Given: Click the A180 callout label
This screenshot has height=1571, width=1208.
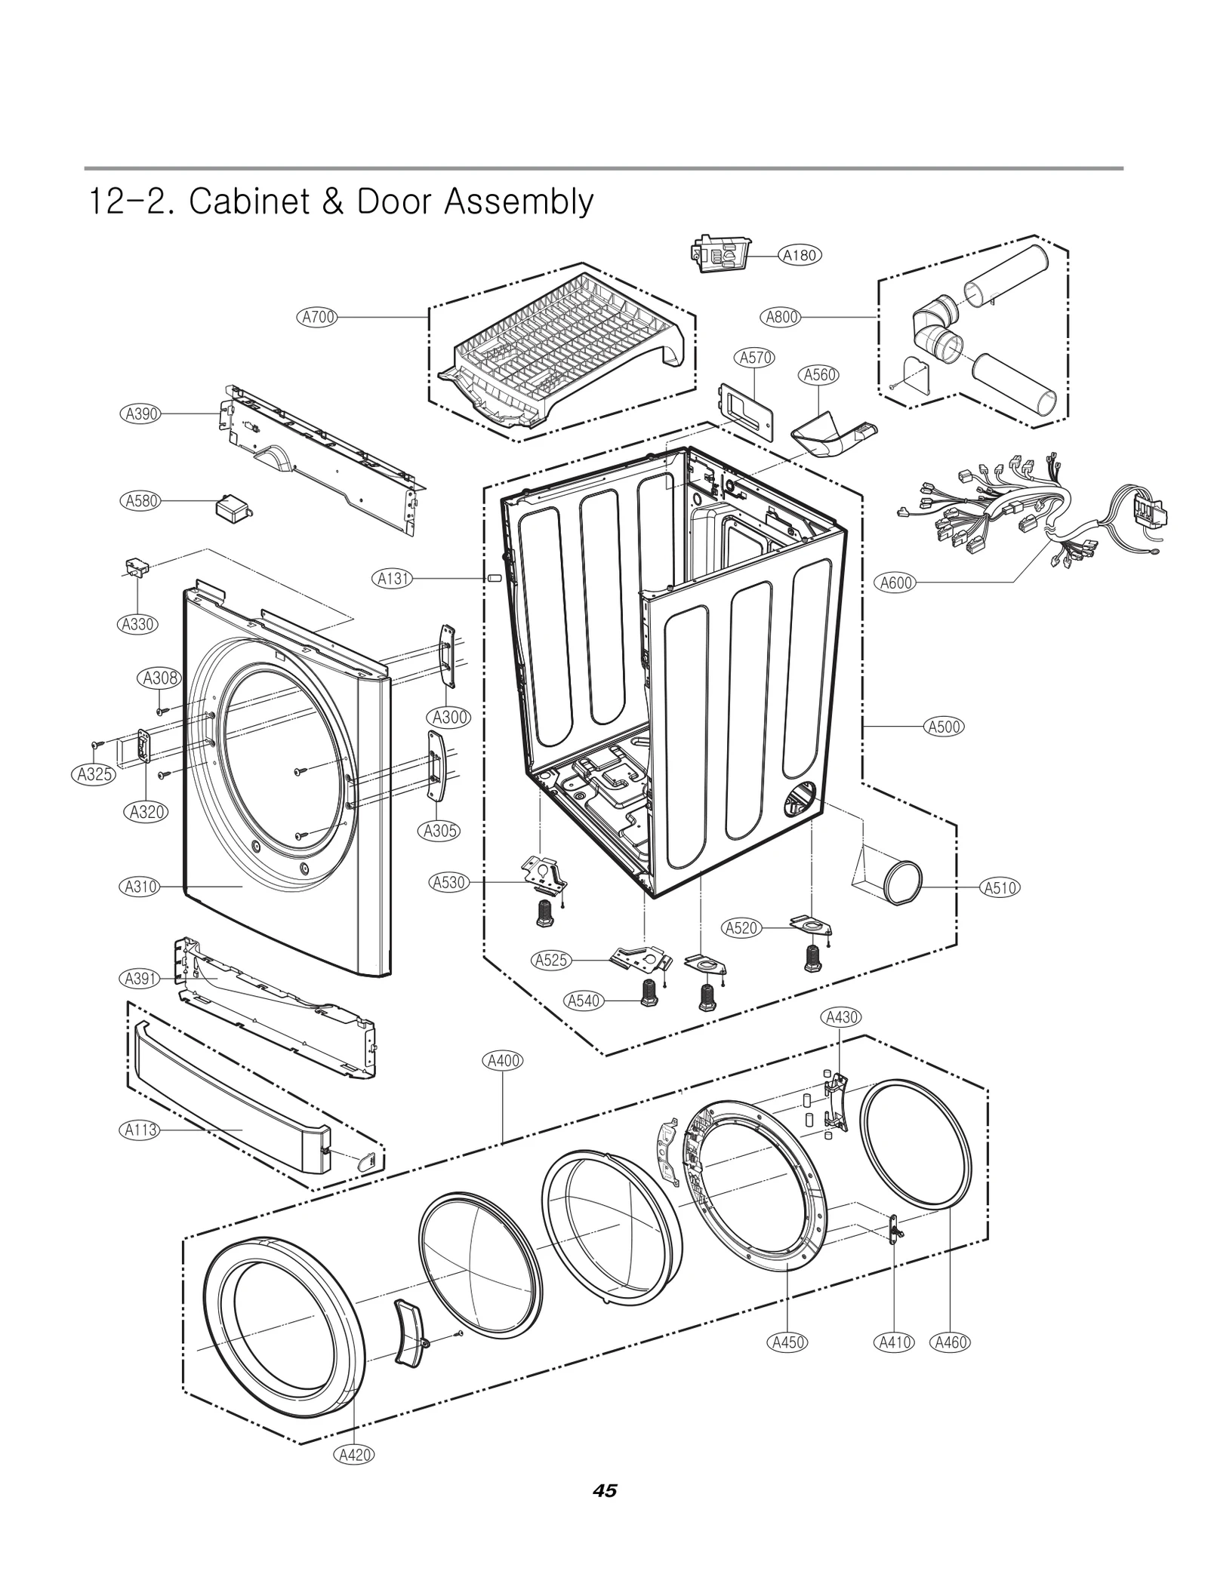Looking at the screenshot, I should click(799, 255).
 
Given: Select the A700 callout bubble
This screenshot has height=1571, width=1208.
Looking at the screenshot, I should click(317, 317).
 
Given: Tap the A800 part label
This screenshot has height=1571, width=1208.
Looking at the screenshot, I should click(781, 317).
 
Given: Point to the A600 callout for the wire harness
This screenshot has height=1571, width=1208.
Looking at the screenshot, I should click(896, 583).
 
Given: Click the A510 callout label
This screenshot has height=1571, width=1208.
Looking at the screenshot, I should click(1000, 888).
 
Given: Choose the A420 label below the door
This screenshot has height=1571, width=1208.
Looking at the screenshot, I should click(354, 1475).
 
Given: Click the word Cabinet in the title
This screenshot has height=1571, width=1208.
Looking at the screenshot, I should click(248, 201).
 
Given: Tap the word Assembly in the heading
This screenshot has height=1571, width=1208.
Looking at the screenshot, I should click(518, 201).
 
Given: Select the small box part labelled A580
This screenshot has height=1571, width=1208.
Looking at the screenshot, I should click(231, 506).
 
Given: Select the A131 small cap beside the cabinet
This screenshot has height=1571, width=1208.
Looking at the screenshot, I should click(494, 578).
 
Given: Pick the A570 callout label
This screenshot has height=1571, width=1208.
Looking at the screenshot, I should click(755, 358).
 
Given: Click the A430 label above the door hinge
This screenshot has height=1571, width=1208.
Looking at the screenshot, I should click(841, 1017).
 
